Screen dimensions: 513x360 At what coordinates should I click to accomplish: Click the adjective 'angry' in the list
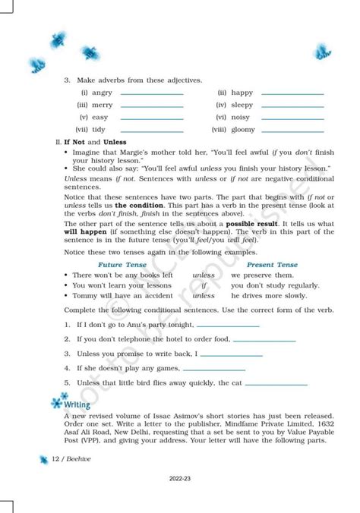point(101,93)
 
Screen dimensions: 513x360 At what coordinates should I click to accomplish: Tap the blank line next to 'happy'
point(292,93)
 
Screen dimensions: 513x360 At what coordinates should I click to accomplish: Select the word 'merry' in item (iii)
point(102,105)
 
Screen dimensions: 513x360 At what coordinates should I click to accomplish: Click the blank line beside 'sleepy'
point(292,105)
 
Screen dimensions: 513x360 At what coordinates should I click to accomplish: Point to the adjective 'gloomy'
point(243,130)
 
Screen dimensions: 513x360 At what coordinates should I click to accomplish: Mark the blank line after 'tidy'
point(152,130)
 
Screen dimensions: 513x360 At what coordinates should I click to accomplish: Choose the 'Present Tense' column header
point(272,264)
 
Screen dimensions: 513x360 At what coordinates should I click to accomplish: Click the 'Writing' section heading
point(77,404)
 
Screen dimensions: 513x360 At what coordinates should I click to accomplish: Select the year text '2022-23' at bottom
point(180,478)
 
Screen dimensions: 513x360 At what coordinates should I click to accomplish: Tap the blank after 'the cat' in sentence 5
point(276,383)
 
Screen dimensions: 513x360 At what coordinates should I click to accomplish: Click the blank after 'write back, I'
point(231,354)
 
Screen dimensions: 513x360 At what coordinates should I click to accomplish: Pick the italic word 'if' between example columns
point(204,285)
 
